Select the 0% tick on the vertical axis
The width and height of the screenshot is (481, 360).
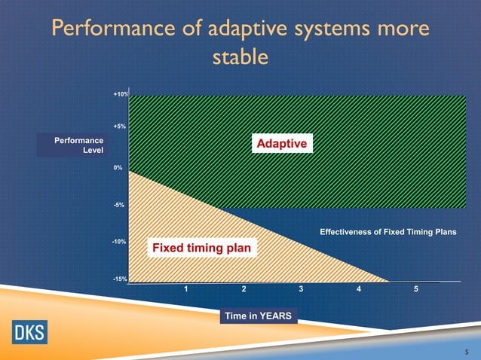[118, 168]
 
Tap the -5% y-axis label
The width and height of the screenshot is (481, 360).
[119, 205]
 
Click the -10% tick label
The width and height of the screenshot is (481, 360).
[118, 242]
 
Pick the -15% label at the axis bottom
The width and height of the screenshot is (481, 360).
[118, 279]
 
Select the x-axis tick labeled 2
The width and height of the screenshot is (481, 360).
[244, 290]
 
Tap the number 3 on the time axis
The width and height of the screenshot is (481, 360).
[301, 290]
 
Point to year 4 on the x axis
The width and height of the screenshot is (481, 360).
[359, 290]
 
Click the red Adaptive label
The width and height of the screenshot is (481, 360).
[281, 143]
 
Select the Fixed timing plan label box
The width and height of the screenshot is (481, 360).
[202, 248]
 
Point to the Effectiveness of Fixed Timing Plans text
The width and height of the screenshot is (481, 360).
[388, 232]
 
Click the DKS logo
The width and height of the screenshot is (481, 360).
[28, 332]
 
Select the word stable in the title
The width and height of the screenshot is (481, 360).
[240, 57]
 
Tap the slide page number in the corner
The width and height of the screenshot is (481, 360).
[467, 350]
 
